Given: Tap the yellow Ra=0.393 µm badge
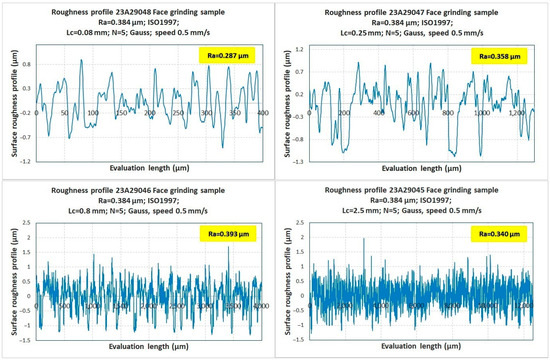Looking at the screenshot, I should pyautogui.click(x=229, y=233).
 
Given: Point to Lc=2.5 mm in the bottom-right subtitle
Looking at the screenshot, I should pyautogui.click(x=357, y=215).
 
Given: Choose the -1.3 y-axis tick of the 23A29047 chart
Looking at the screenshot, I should pyautogui.click(x=298, y=160).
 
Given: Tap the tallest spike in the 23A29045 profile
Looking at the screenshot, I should pyautogui.click(x=364, y=240).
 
